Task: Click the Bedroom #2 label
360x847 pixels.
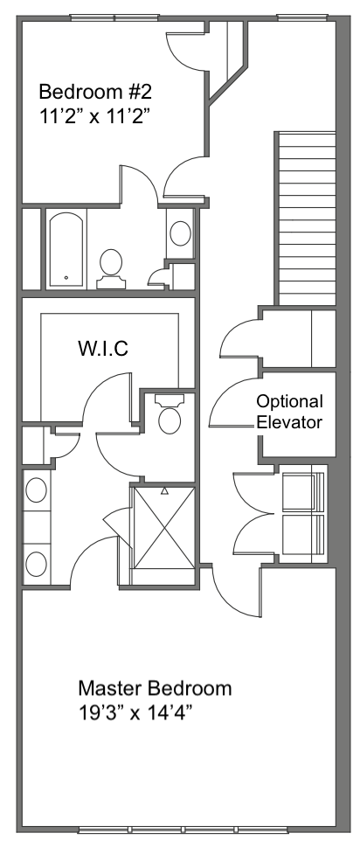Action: point(95,92)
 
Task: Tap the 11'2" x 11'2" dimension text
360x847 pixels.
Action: point(93,116)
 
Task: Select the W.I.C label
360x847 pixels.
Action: point(103,349)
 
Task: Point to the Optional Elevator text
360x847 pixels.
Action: point(289,412)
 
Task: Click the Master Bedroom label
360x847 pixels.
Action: point(155,688)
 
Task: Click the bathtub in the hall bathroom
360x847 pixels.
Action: point(67,250)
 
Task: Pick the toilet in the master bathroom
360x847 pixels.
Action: point(170,413)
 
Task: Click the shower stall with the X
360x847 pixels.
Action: point(163,528)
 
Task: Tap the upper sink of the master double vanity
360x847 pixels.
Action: point(36,490)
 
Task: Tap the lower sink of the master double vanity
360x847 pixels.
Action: point(36,564)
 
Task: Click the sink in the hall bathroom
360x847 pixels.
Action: point(180,233)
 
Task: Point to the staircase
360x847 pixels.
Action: point(306,219)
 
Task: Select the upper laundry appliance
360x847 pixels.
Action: point(303,491)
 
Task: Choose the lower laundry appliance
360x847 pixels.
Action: point(303,535)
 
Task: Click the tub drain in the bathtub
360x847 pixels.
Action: point(66,278)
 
